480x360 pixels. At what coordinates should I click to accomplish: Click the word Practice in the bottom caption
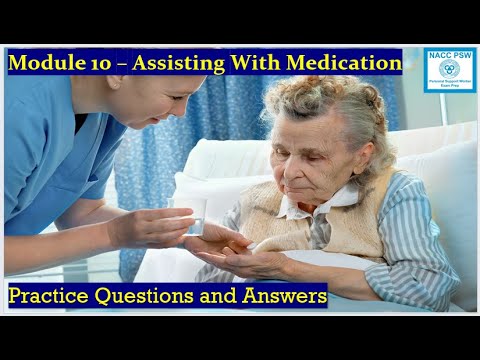pos(51,296)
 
